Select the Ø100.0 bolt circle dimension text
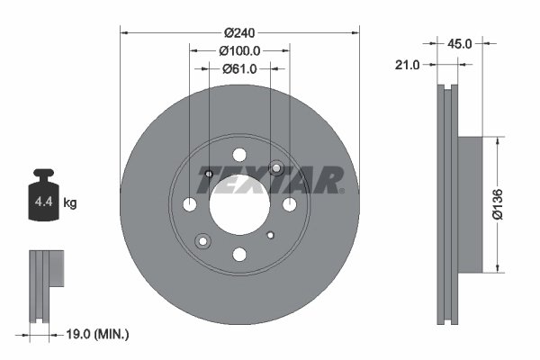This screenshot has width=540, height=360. click(x=239, y=51)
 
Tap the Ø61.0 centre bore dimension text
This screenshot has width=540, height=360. click(x=239, y=68)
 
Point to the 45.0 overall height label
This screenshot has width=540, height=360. click(x=460, y=41)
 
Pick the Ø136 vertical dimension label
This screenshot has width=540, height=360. click(x=509, y=204)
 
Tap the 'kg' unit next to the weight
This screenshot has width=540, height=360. click(x=71, y=203)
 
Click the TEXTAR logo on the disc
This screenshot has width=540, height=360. click(x=270, y=179)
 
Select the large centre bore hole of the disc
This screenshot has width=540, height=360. click(x=239, y=204)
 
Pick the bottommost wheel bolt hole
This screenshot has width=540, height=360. click(x=239, y=255)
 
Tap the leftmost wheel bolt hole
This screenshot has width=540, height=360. click(x=190, y=205)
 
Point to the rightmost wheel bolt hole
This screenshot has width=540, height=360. click(x=290, y=205)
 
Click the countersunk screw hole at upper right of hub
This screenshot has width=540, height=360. click(x=275, y=169)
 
